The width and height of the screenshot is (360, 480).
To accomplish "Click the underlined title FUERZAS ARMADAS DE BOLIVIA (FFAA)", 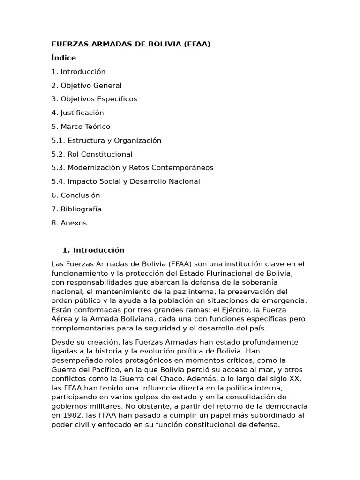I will (x=131, y=45).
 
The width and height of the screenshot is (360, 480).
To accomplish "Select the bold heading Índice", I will (x=64, y=58).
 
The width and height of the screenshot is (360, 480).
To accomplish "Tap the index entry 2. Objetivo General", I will (x=86, y=86).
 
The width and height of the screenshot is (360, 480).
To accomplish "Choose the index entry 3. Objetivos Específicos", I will (x=94, y=99).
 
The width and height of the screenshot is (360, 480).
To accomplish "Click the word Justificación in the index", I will (x=82, y=113).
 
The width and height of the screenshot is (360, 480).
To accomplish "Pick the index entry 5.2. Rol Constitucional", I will (x=92, y=154).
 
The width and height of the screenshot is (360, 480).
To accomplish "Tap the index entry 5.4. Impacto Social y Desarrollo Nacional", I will (x=126, y=182).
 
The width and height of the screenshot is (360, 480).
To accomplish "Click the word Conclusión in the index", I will (x=80, y=195).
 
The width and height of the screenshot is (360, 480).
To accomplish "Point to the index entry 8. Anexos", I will (x=69, y=223).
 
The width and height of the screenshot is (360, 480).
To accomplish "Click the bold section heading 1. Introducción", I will (x=93, y=250).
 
